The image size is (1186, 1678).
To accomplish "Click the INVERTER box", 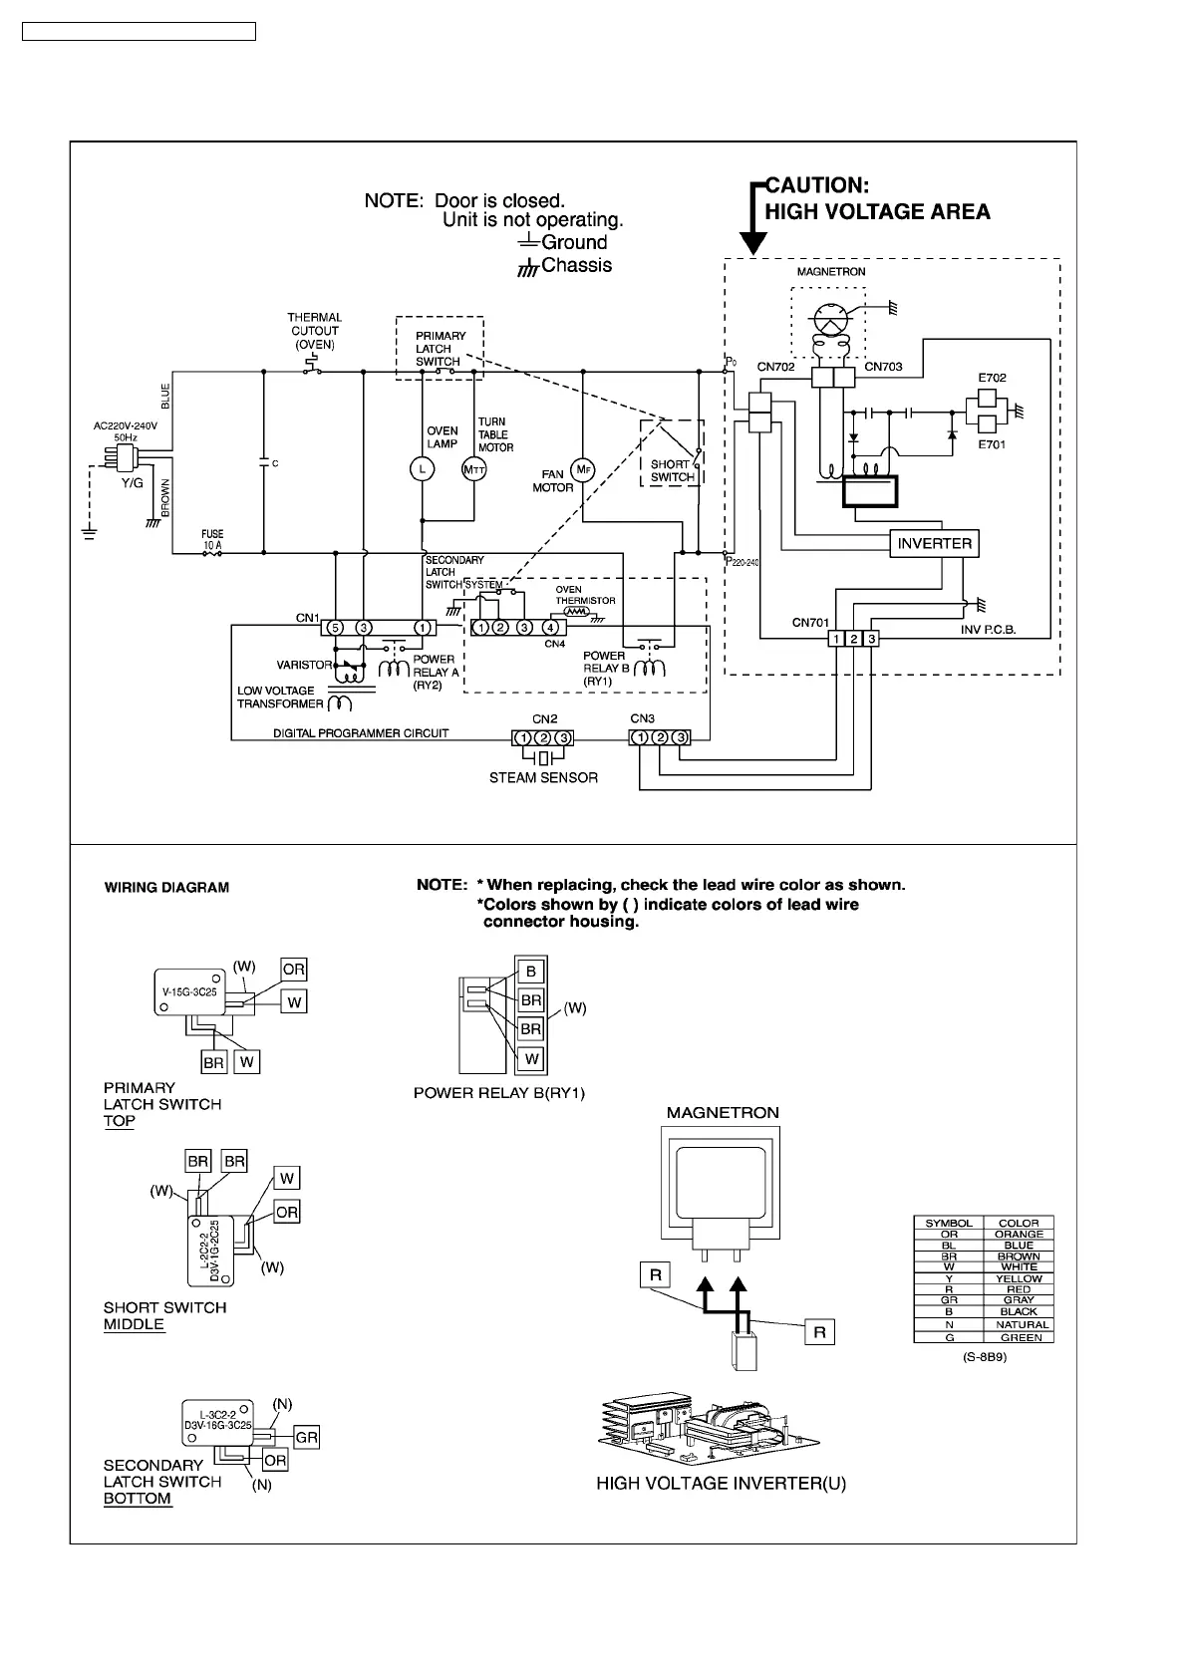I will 934,543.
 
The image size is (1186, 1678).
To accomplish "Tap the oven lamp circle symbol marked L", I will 422,469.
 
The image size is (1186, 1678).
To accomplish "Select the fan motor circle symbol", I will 583,469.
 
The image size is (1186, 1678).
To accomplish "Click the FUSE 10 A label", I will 212,539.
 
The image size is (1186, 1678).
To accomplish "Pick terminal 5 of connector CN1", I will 336,627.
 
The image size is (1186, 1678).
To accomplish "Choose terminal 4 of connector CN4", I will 550,627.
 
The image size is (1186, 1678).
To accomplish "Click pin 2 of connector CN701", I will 854,638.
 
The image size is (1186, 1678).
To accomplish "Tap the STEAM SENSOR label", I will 543,777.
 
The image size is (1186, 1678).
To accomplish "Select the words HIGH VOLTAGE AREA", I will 877,211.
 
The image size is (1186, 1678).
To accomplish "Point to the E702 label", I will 992,378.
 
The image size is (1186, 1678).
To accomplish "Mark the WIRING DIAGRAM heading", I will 166,887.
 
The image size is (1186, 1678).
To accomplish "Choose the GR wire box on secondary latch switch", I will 306,1437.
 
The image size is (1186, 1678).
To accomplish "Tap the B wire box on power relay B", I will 531,972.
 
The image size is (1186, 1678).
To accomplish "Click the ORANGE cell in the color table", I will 1019,1234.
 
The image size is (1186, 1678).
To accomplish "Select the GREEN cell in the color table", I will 1019,1337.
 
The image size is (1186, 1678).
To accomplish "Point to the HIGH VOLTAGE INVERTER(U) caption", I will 722,1484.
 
